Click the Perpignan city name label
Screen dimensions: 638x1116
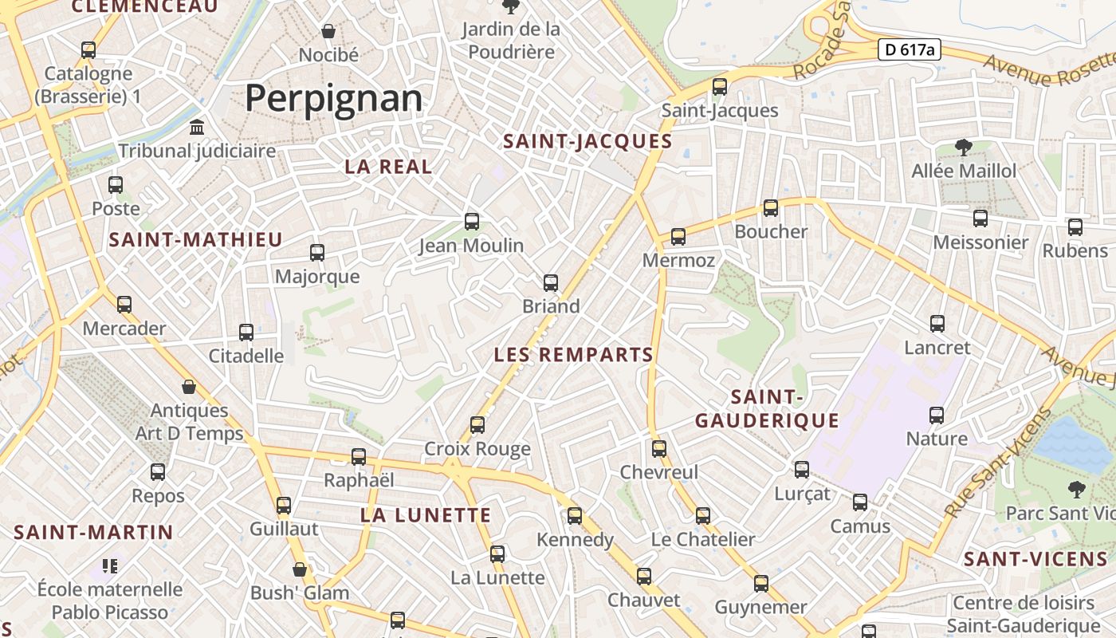(333, 98)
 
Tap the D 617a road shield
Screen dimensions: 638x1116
(910, 49)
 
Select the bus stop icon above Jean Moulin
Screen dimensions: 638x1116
(472, 222)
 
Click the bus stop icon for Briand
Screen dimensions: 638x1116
(551, 283)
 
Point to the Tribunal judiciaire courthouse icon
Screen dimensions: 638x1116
(197, 127)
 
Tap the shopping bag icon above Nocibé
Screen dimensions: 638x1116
(328, 31)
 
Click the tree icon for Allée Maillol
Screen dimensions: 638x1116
(964, 148)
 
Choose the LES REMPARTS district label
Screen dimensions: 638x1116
(574, 355)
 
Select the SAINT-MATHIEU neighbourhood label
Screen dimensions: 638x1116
(196, 239)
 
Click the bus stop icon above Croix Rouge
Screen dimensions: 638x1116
(477, 425)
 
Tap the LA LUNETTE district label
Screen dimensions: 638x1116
(426, 515)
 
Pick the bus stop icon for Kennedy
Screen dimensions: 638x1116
(575, 516)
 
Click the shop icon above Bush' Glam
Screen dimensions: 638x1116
(300, 569)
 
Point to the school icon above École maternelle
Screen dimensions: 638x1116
(110, 566)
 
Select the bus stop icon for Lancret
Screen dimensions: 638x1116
(937, 324)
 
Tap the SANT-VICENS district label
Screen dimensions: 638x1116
(1035, 559)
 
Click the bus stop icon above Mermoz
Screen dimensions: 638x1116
(678, 237)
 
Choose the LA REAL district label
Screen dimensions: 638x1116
(388, 167)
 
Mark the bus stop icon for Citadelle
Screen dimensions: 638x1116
(246, 333)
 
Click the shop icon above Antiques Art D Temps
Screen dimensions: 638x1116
(189, 387)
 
